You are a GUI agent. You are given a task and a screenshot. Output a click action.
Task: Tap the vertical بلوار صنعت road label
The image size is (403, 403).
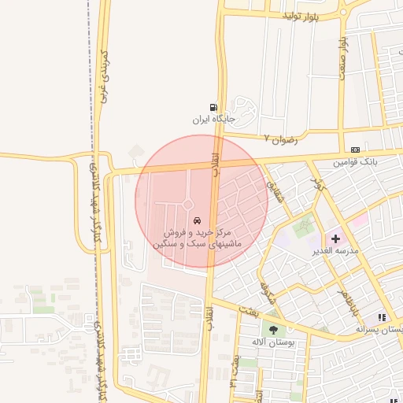[344, 55]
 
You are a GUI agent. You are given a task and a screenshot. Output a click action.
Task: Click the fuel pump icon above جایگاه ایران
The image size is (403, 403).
[213, 108]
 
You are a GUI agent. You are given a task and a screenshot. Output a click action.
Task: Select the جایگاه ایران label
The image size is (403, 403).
[213, 120]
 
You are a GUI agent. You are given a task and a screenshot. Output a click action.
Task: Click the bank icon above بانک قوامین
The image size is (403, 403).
[356, 149]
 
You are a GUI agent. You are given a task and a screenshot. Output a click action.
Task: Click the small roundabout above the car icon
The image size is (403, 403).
[189, 205]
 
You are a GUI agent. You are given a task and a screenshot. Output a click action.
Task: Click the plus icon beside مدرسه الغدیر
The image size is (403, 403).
[335, 238]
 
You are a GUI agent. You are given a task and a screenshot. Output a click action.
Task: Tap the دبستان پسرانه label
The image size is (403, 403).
[381, 329]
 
